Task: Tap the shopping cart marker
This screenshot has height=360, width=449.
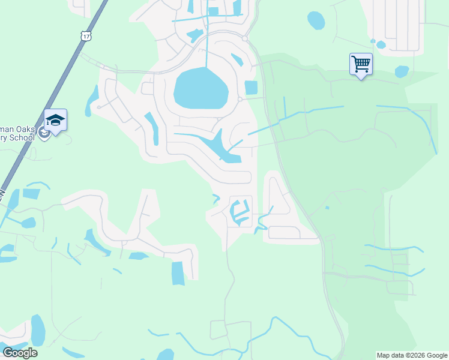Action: click(361, 64)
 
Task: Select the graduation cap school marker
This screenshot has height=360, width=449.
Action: click(55, 120)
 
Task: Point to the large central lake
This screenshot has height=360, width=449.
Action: click(201, 88)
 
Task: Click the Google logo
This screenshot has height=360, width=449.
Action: click(19, 352)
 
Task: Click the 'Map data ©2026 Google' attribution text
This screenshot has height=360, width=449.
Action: click(412, 355)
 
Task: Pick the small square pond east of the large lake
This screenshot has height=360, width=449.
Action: click(250, 88)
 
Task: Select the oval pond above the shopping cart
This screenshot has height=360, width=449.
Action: click(316, 20)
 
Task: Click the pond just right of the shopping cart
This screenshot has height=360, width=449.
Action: click(402, 71)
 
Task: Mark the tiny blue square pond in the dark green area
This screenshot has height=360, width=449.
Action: click(327, 208)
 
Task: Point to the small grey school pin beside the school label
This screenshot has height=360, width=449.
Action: click(44, 133)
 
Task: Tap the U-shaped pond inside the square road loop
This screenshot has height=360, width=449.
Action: click(240, 212)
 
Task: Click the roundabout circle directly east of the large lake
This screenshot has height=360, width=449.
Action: click(240, 99)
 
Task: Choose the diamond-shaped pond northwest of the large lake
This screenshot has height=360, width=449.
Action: click(194, 35)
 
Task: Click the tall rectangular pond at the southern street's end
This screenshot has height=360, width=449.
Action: click(178, 273)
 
